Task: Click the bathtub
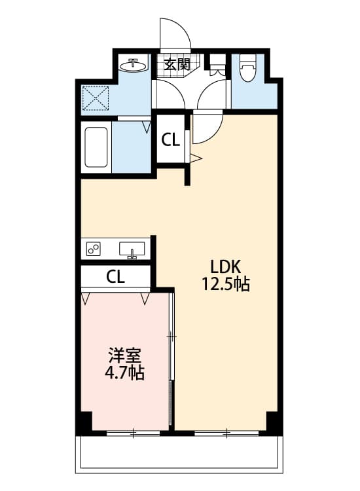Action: pos(96,147)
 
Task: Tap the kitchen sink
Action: pos(132,249)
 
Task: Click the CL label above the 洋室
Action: pos(115,276)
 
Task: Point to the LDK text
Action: pos(226,266)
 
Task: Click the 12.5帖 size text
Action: pos(226,285)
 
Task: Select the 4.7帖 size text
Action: pos(124,374)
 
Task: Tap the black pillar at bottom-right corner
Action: pos(274,423)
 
